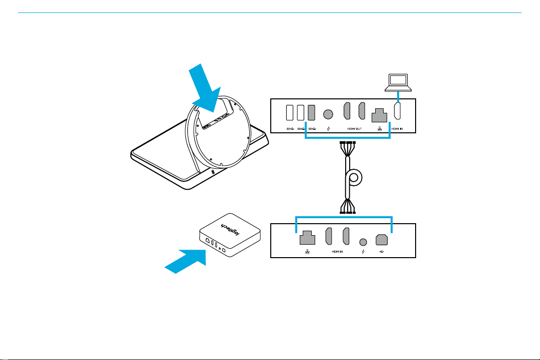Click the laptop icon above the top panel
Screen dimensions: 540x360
coord(398,82)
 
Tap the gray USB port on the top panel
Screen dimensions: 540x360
coord(312,113)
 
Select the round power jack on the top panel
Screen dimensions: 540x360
coord(328,114)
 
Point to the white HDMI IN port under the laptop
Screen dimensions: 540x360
coord(398,112)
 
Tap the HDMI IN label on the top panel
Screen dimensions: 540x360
coord(398,129)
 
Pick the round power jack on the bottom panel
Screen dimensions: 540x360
coord(363,241)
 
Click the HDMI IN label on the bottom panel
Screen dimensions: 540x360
coord(337,252)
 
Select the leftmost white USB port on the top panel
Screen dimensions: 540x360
coord(290,113)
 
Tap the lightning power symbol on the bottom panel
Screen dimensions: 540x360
coord(363,252)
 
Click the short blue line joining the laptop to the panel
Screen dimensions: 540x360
coord(398,95)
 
